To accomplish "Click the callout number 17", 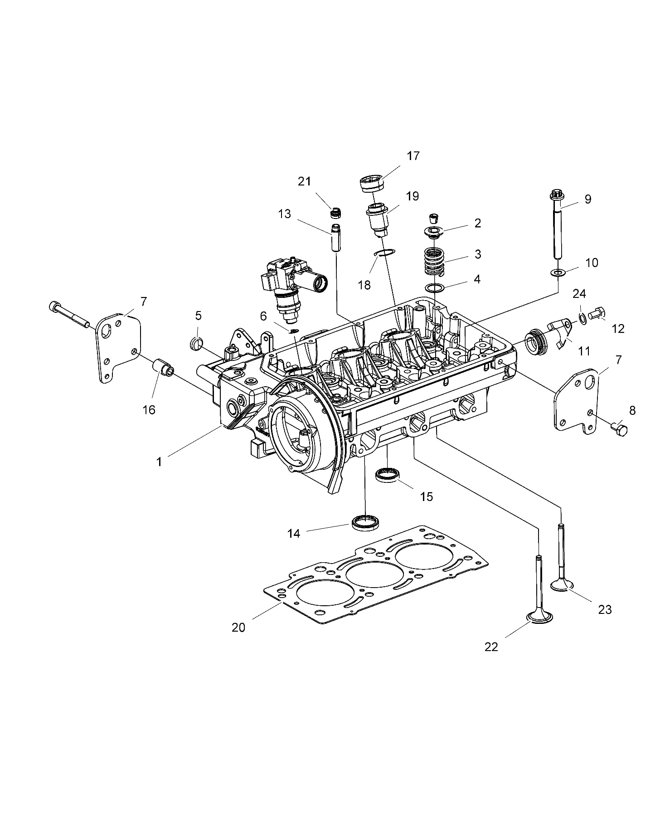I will [x=413, y=156].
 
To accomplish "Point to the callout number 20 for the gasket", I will [x=238, y=627].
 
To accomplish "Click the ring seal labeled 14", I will [x=365, y=523].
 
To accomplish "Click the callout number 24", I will [x=579, y=294].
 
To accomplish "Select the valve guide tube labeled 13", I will [x=336, y=238].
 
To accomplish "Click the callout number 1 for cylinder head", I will [x=159, y=462].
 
